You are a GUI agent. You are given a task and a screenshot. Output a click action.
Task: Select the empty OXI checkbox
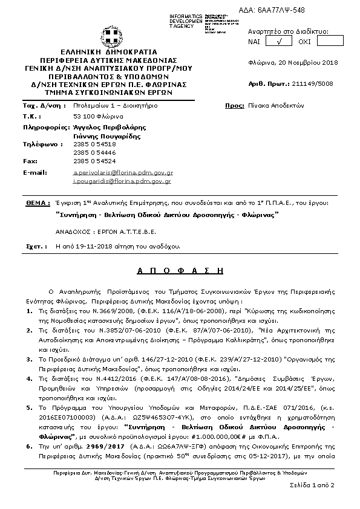click(x=330, y=41)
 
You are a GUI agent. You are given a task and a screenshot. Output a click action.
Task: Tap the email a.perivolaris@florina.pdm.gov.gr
click(x=123, y=172)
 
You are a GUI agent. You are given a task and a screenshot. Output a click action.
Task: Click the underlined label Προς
click(x=234, y=105)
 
